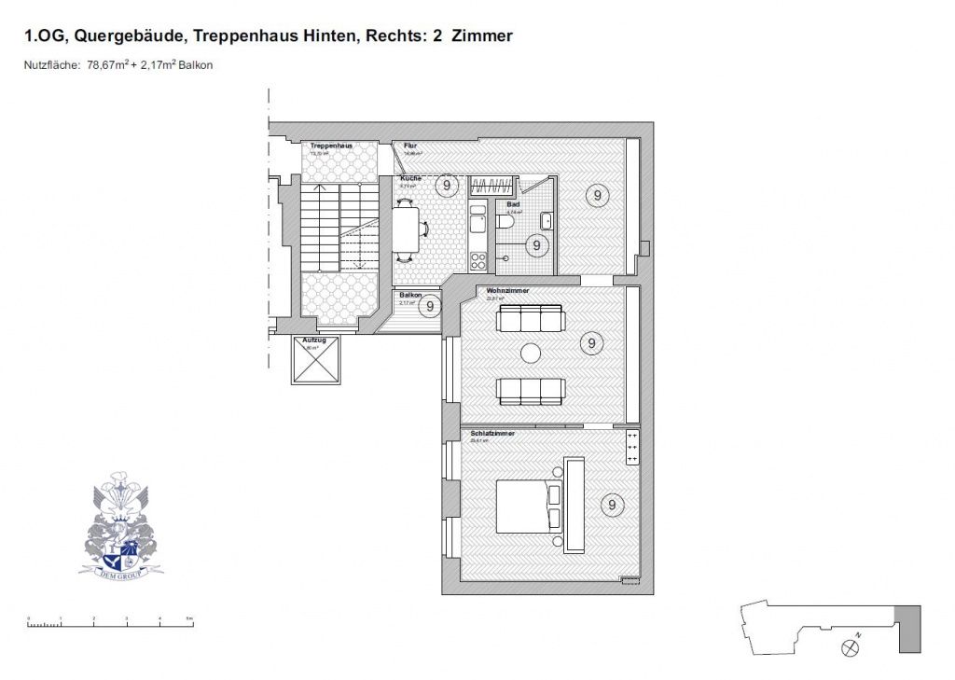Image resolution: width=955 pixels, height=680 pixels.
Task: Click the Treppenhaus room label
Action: pyautogui.click(x=331, y=146)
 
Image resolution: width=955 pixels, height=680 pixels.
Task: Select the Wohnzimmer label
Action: pyautogui.click(x=508, y=291)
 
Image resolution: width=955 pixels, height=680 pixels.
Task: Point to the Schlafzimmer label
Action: pyautogui.click(x=493, y=434)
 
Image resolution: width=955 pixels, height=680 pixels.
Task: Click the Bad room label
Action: pyautogui.click(x=513, y=204)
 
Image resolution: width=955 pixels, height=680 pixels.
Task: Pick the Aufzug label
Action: pyautogui.click(x=315, y=340)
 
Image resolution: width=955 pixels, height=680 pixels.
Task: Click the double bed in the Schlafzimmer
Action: pyautogui.click(x=528, y=505)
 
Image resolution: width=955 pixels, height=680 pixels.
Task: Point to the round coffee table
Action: pyautogui.click(x=532, y=353)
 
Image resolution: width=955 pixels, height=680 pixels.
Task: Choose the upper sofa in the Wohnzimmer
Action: pyautogui.click(x=532, y=318)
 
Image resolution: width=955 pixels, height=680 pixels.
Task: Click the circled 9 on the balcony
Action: pyautogui.click(x=429, y=306)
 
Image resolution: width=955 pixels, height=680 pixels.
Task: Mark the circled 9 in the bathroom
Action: pyautogui.click(x=536, y=245)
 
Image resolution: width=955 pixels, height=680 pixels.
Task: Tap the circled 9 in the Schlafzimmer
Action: pyautogui.click(x=612, y=505)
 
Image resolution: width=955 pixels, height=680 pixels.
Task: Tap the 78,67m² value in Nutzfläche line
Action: pyautogui.click(x=107, y=65)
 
